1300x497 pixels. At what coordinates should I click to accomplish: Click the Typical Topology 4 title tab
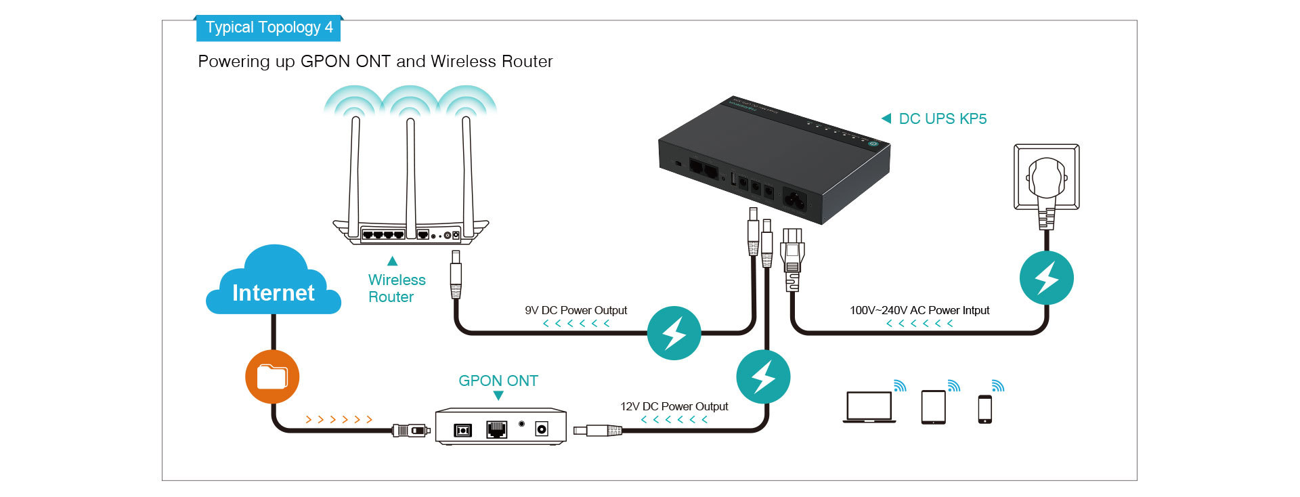coord(269,28)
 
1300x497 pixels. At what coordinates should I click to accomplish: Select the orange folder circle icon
coord(272,376)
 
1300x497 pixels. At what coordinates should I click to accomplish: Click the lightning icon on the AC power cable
coord(1046,278)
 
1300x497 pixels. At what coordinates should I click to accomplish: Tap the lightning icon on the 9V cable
coord(674,333)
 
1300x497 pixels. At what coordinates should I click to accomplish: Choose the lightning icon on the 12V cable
coord(763,376)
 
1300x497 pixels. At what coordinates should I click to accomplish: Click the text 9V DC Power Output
coord(576,310)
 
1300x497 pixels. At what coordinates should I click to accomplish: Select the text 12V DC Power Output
coord(674,406)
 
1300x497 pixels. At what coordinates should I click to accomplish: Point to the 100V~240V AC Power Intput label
coord(919,310)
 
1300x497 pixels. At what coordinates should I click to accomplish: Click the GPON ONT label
coord(498,381)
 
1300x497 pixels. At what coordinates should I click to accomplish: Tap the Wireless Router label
coord(397,288)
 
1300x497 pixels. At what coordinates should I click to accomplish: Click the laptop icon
coord(869,407)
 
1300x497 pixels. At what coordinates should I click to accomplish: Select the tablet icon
coord(934,407)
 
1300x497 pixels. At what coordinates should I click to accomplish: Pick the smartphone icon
coord(985,410)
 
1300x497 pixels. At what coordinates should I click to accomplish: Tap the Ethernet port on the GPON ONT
coord(496,429)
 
